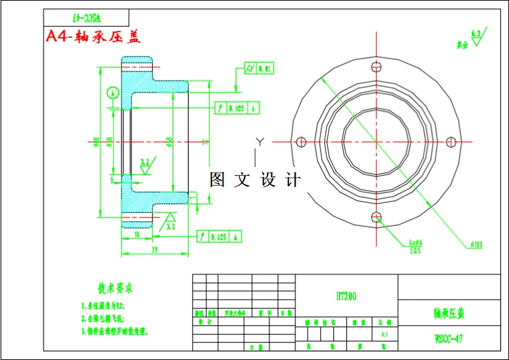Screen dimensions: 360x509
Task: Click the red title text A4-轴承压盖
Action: pyautogui.click(x=94, y=36)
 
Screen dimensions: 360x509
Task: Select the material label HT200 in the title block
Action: pyautogui.click(x=346, y=297)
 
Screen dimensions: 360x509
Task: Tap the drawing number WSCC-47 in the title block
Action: pyautogui.click(x=448, y=339)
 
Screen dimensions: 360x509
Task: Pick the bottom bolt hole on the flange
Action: pyautogui.click(x=376, y=217)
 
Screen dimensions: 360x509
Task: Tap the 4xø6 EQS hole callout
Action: pyautogui.click(x=415, y=246)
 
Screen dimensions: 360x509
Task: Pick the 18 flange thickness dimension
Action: pyautogui.click(x=136, y=235)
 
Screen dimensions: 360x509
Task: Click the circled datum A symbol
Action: pyautogui.click(x=112, y=92)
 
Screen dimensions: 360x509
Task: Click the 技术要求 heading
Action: pyautogui.click(x=115, y=288)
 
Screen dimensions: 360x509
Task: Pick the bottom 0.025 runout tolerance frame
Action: pyautogui.click(x=219, y=236)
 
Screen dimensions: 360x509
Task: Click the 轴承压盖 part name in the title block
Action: pyautogui.click(x=448, y=313)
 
